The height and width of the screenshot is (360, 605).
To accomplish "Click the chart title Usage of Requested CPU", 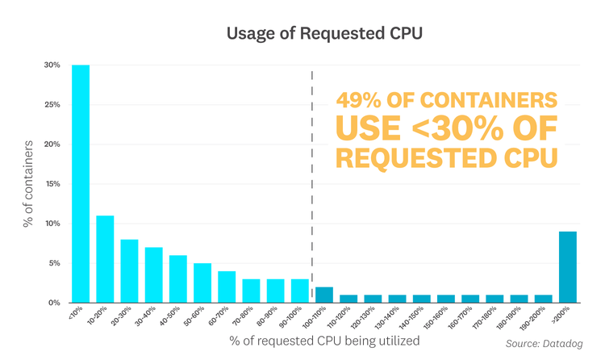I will tap(302, 34).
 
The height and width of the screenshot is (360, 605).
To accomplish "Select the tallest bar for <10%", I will tap(81, 183).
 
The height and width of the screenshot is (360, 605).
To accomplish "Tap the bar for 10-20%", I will tap(105, 258).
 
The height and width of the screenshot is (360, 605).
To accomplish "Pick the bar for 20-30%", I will tap(129, 270).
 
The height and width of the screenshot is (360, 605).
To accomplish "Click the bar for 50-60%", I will tap(202, 283).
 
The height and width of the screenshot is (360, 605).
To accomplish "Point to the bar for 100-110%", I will tap(323, 295).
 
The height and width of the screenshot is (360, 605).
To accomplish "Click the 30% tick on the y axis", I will tap(51, 65).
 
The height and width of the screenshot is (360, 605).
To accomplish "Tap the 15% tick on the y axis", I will tap(51, 184).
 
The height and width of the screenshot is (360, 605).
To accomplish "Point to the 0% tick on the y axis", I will tap(52, 303).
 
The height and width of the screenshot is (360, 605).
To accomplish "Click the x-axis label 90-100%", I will tap(296, 319).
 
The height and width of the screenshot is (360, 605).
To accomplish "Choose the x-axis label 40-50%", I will tap(174, 319).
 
